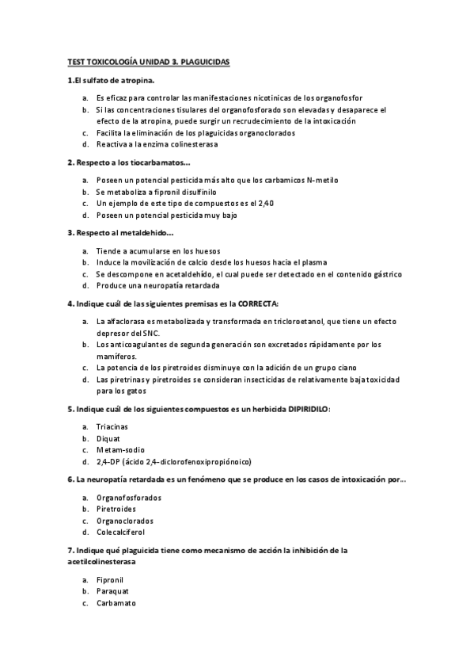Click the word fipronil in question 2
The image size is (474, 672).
(x=165, y=192)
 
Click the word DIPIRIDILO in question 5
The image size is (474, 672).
(x=302, y=409)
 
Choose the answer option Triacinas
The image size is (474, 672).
(x=112, y=427)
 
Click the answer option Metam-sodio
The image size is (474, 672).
(x=116, y=450)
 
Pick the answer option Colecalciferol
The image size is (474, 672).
(x=122, y=533)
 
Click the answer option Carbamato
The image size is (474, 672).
(x=116, y=603)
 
